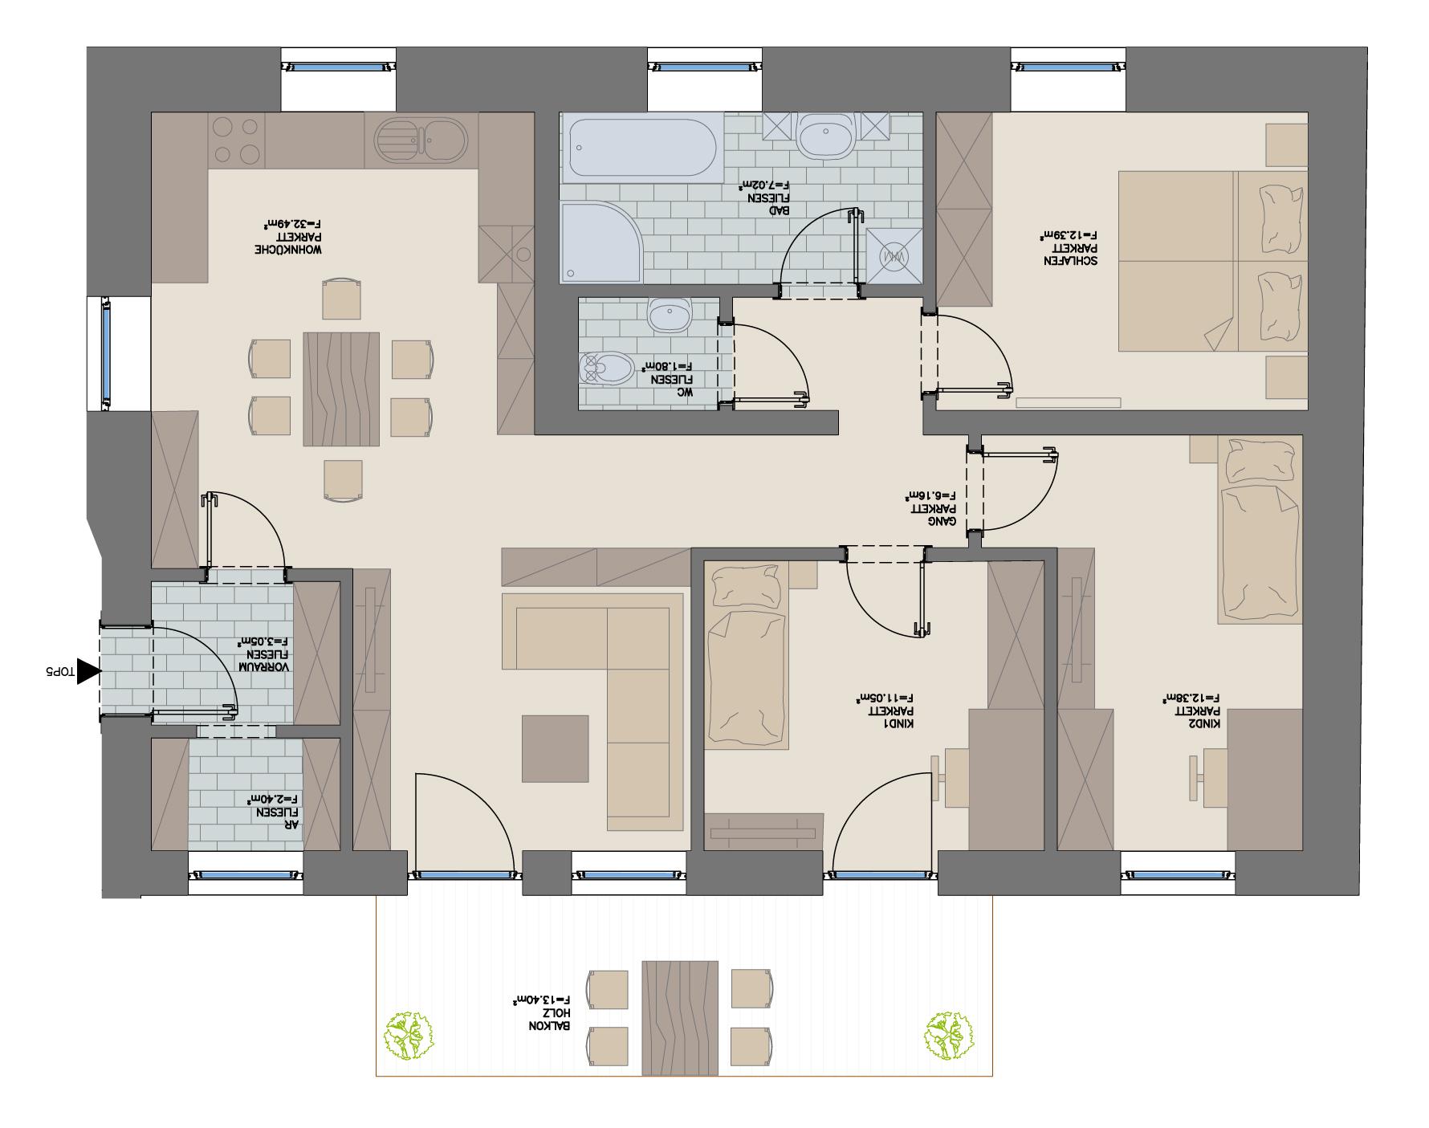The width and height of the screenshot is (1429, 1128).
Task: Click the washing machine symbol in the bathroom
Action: (894, 256)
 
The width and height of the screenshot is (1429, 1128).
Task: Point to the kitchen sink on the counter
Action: (421, 140)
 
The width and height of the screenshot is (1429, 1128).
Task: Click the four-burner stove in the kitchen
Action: (236, 140)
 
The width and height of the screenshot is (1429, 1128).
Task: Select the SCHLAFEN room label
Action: (1069, 247)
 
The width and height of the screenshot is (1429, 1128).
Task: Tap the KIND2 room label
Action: (1192, 711)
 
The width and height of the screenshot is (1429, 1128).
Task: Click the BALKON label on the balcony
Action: (544, 1013)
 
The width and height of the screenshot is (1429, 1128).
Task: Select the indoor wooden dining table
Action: (341, 389)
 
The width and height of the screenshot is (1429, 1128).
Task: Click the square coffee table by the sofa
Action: (555, 748)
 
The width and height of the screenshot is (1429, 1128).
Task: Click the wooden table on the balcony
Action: (680, 1017)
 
